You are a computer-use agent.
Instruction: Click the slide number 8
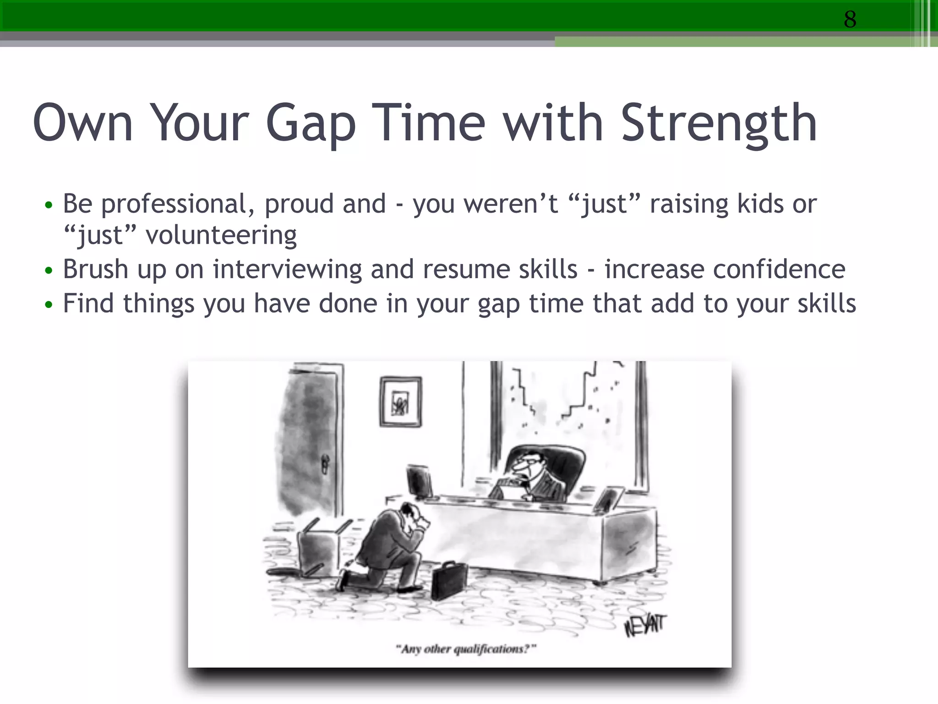tap(850, 19)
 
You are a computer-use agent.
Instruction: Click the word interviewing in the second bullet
tap(287, 269)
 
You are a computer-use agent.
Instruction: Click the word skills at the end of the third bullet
tap(826, 303)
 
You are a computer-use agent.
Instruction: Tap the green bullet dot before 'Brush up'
tap(49, 270)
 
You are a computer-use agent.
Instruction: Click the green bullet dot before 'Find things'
tap(49, 305)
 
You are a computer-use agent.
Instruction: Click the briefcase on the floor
tap(449, 580)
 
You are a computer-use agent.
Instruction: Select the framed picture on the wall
tap(401, 402)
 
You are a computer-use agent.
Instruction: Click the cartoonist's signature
tap(645, 625)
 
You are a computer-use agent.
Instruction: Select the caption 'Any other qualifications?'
tap(466, 649)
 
